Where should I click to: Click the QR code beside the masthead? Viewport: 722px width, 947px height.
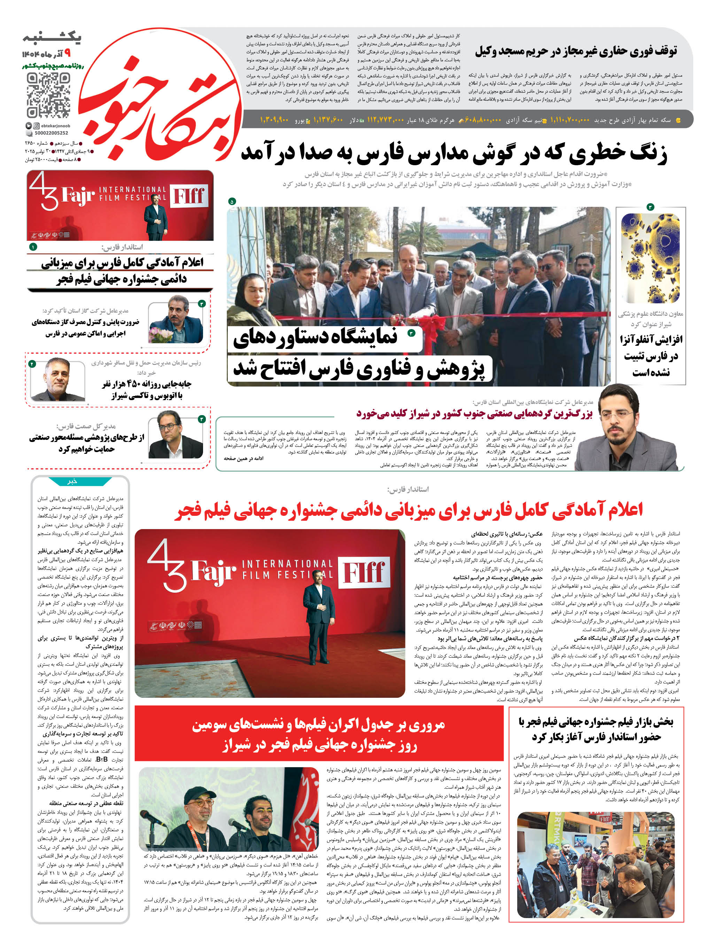pos(48,95)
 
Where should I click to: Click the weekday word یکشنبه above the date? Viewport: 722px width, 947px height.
pos(53,38)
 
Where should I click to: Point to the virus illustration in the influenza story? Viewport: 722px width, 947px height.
pos(650,258)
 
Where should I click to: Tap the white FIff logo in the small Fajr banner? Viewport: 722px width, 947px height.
pos(189,196)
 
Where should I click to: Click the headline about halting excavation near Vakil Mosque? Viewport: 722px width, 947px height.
pos(575,52)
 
